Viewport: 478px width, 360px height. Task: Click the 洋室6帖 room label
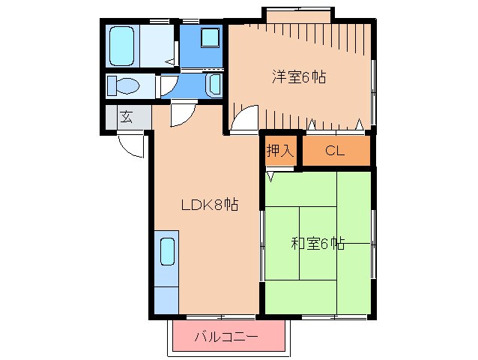[x=299, y=76]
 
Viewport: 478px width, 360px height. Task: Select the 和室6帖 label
[x=318, y=243]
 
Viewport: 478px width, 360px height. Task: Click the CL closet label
[x=334, y=150]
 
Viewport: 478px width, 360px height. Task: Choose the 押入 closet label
[x=279, y=150]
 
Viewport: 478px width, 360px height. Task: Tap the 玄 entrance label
[x=127, y=117]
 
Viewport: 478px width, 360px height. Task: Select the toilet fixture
[x=123, y=86]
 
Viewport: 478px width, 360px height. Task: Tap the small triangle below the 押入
[x=270, y=178]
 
